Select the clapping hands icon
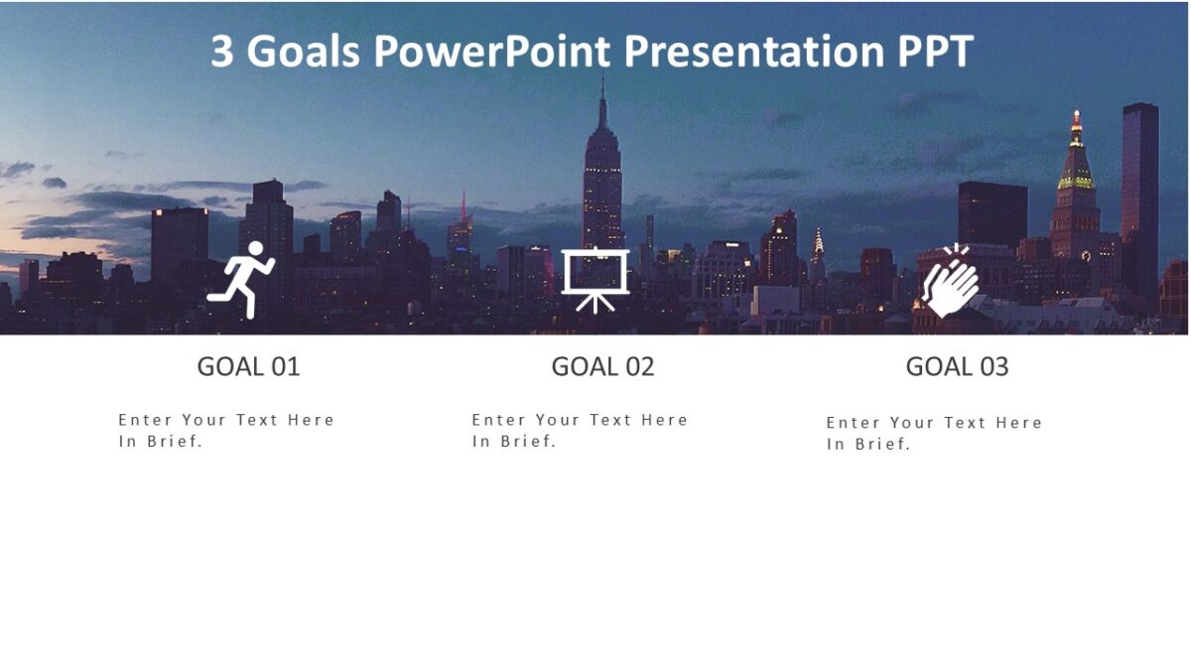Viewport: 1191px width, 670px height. pyautogui.click(x=950, y=281)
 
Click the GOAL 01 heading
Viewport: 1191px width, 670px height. pyautogui.click(x=248, y=366)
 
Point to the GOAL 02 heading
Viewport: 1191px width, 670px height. pyautogui.click(x=602, y=366)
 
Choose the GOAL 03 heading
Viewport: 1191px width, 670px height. pyautogui.click(x=957, y=366)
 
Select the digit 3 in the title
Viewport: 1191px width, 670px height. pyautogui.click(x=222, y=52)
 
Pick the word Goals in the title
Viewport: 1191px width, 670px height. pyautogui.click(x=304, y=52)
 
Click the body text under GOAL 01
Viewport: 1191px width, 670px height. pyautogui.click(x=226, y=430)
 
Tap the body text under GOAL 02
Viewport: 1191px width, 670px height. pyautogui.click(x=580, y=430)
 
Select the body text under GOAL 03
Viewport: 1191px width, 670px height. pyautogui.click(x=934, y=433)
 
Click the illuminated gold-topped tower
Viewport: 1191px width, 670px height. pyautogui.click(x=1075, y=169)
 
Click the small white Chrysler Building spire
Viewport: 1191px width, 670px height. pyautogui.click(x=819, y=241)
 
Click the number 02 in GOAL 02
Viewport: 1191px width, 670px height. pyautogui.click(x=637, y=366)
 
